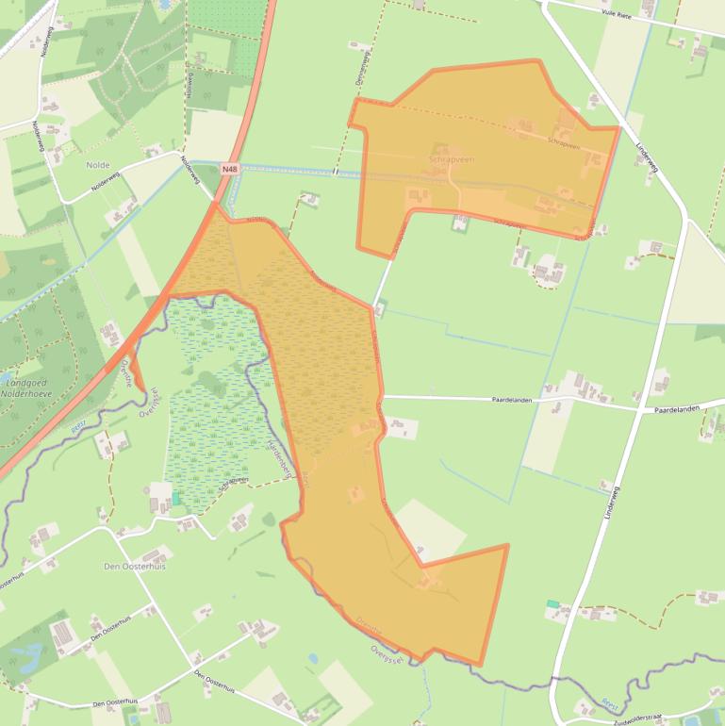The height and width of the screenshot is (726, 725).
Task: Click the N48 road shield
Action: click(228, 169)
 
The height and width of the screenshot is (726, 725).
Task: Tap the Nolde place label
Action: click(98, 165)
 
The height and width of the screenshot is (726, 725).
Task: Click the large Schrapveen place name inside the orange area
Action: click(451, 160)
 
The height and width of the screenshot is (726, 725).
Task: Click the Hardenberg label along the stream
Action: click(280, 457)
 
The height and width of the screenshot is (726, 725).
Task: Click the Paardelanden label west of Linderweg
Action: click(512, 400)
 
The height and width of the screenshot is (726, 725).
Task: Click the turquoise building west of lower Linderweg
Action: click(552, 603)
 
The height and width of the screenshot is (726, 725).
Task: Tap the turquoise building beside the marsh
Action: click(175, 497)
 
